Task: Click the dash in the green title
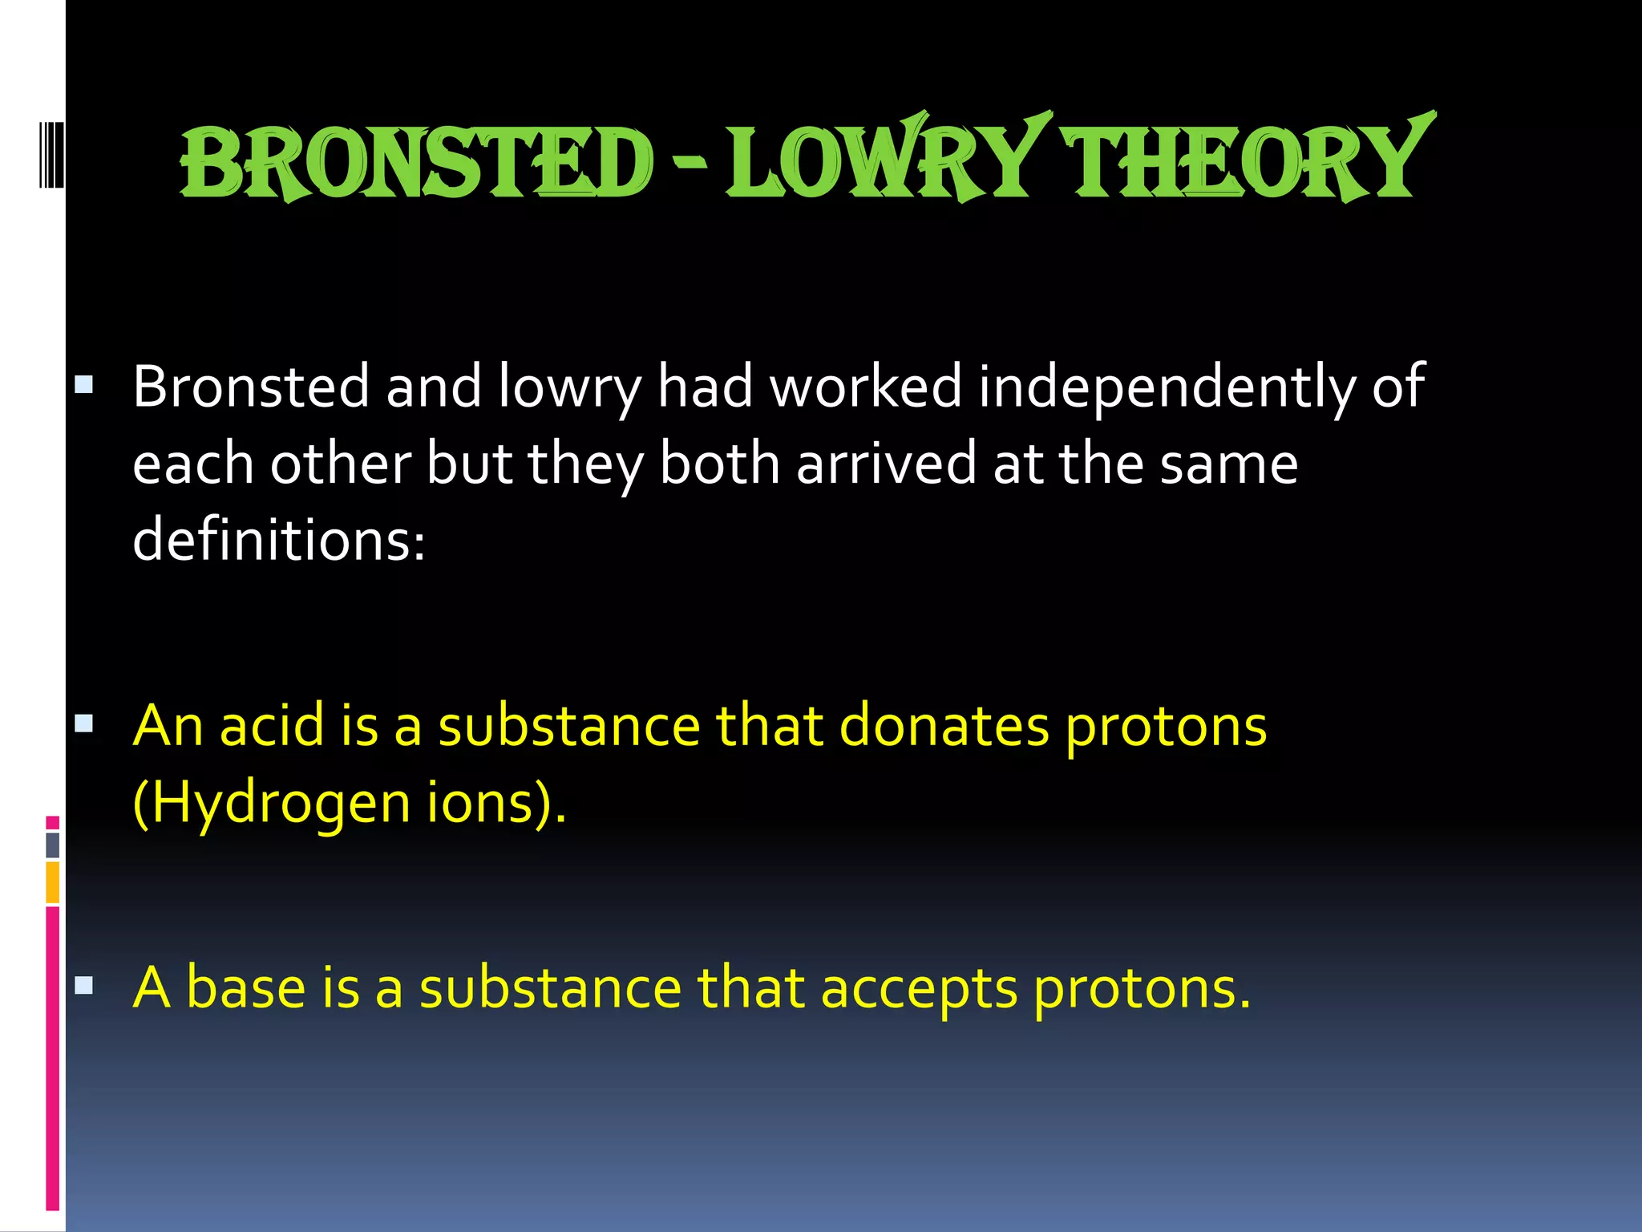tap(689, 164)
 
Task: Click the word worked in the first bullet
tap(865, 387)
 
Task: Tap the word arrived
tap(886, 464)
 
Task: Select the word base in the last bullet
tap(245, 987)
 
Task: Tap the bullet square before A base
tap(84, 986)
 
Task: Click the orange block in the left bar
tap(53, 882)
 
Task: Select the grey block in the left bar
tap(53, 845)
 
